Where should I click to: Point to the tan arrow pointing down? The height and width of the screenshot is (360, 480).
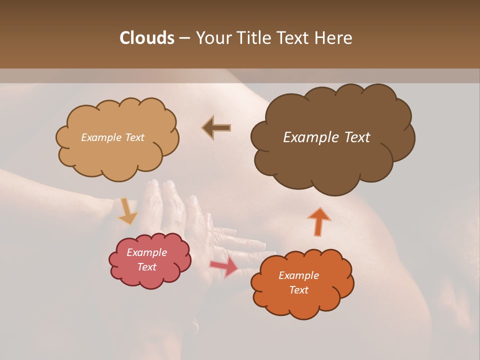pyautogui.click(x=127, y=211)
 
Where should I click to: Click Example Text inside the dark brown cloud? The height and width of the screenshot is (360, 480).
pyautogui.click(x=326, y=137)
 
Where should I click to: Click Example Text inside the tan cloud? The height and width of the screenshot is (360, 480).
pyautogui.click(x=112, y=137)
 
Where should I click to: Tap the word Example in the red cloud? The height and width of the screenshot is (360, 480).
pyautogui.click(x=146, y=252)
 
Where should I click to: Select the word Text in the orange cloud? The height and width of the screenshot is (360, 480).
pyautogui.click(x=298, y=290)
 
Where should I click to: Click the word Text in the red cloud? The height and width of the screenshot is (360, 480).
pyautogui.click(x=146, y=267)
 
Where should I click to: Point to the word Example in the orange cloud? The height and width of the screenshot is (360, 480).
pyautogui.click(x=298, y=275)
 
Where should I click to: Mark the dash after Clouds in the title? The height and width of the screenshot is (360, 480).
pyautogui.click(x=184, y=38)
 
